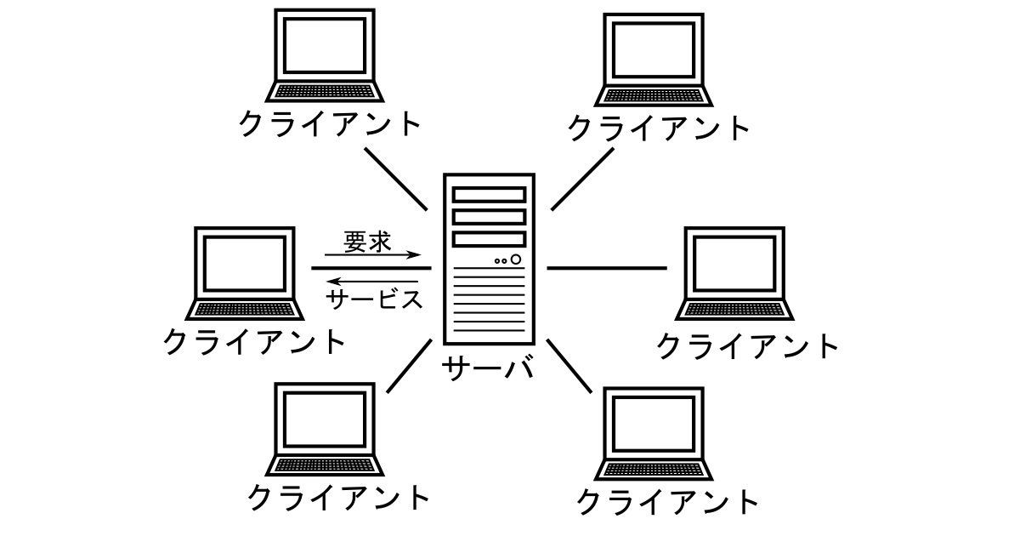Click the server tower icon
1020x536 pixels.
pyautogui.click(x=489, y=259)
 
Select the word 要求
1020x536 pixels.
pyautogui.click(x=367, y=242)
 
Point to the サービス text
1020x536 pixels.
pyautogui.click(x=374, y=299)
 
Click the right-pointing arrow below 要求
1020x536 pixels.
pyautogui.click(x=374, y=255)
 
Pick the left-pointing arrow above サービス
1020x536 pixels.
pyautogui.click(x=374, y=281)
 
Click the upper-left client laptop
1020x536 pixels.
pyautogui.click(x=325, y=55)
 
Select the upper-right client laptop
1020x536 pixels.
pyautogui.click(x=654, y=58)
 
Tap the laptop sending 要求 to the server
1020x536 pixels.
pyautogui.click(x=245, y=272)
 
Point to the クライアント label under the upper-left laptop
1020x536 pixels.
pyautogui.click(x=330, y=124)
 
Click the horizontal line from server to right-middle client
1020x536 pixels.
pyautogui.click(x=607, y=268)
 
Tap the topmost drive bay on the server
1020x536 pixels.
pyautogui.click(x=489, y=195)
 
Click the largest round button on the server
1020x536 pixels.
pyautogui.click(x=516, y=259)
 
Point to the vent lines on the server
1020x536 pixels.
pyautogui.click(x=489, y=302)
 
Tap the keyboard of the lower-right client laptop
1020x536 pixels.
pyautogui.click(x=653, y=469)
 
